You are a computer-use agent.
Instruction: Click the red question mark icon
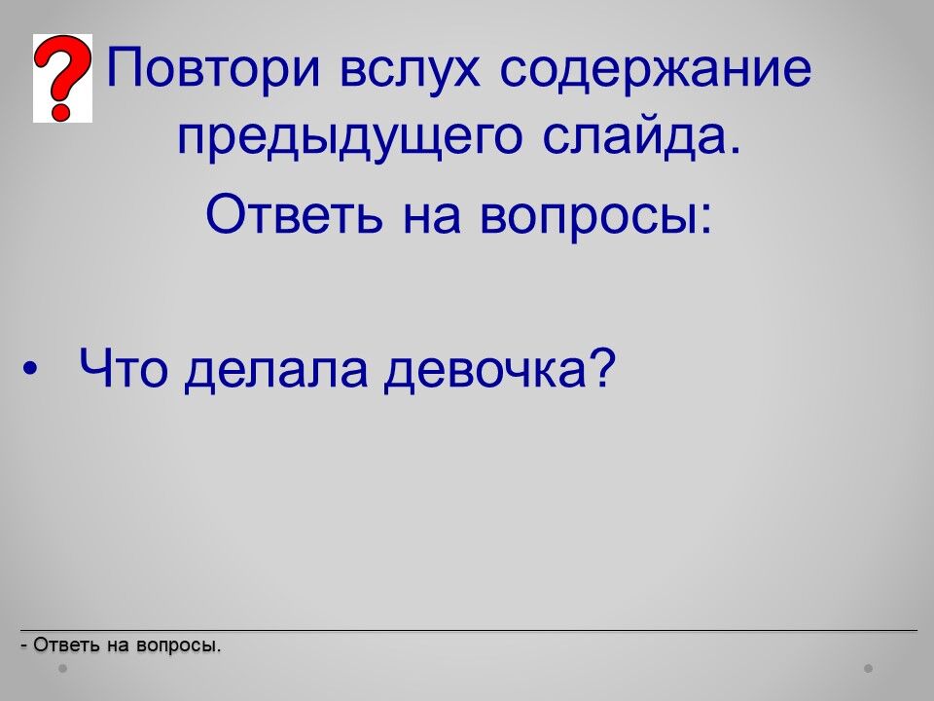[62, 78]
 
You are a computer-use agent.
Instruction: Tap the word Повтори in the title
[214, 68]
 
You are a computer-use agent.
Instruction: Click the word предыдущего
[349, 137]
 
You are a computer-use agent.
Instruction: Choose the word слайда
[642, 136]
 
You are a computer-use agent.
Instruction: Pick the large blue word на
[432, 217]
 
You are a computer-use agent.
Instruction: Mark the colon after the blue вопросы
[705, 218]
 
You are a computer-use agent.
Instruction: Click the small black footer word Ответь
[66, 645]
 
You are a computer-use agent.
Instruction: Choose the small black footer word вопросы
[178, 646]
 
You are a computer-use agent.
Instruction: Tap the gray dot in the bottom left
[62, 669]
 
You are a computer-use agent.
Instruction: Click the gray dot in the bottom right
[869, 669]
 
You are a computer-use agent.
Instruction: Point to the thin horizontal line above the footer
[469, 630]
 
